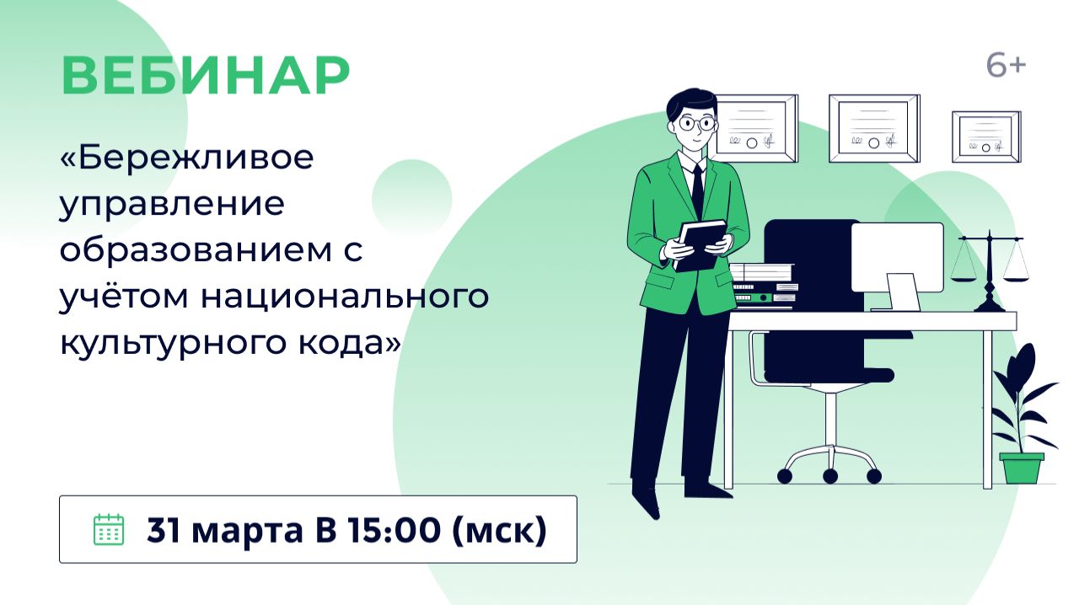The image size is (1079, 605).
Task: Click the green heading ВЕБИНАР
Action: point(205,77)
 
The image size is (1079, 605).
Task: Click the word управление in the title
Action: point(172,206)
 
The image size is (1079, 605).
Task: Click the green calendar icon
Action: point(108,529)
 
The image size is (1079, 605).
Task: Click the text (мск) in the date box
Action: point(499,529)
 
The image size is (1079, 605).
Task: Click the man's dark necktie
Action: point(697,190)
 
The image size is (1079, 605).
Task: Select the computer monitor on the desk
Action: point(897,258)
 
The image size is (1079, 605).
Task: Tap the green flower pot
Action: point(1021,467)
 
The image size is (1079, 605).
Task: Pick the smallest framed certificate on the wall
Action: point(985,137)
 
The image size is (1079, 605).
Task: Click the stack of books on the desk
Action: point(763,286)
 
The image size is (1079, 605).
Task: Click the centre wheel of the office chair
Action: point(830,477)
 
